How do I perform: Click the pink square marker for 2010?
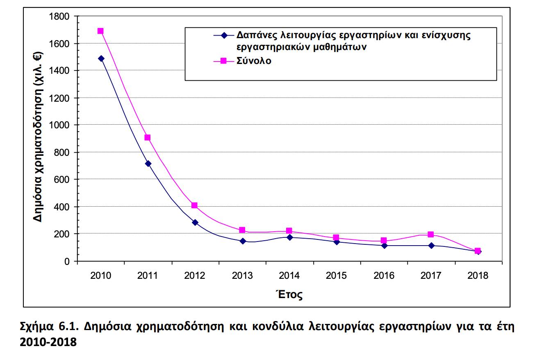[100, 31]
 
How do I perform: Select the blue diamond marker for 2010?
[101, 59]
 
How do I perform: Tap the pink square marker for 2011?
[148, 137]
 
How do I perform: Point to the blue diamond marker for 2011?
[148, 164]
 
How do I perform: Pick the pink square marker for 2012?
[195, 205]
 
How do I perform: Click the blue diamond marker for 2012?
[195, 222]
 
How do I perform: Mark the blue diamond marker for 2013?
[243, 241]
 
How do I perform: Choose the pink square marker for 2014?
[289, 231]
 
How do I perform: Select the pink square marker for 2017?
[430, 235]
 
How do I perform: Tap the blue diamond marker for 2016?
[384, 246]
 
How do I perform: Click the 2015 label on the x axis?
[337, 276]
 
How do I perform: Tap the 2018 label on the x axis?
[478, 276]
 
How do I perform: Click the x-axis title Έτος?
[290, 294]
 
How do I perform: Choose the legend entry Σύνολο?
[254, 61]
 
